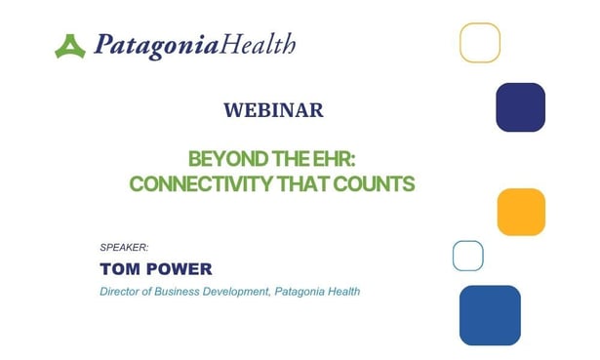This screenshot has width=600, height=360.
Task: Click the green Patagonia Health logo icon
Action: pos(70,45)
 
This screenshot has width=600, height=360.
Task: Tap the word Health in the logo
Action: pos(258,44)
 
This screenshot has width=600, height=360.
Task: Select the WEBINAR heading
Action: pos(272,110)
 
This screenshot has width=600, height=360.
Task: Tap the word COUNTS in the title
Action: pos(377,182)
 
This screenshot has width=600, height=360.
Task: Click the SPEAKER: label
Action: pos(124,248)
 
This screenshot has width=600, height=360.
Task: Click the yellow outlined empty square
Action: pos(480,43)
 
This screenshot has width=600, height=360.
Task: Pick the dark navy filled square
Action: pos(520,106)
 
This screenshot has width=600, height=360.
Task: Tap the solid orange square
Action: pos(521,212)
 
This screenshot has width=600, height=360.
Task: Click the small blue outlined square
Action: pos(468,256)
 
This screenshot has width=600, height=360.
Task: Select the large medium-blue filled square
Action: pos(490,314)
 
